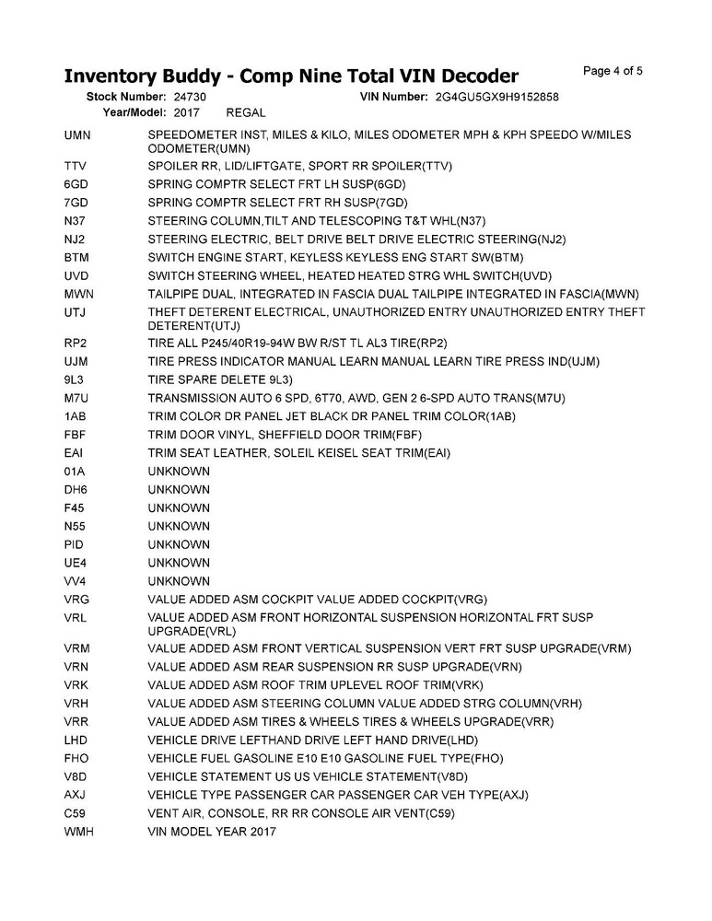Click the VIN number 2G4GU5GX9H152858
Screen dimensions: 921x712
498,97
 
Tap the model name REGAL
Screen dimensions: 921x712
246,112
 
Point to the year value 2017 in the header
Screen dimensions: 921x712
187,112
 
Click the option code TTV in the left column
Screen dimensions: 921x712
76,166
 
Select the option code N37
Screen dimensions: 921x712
75,221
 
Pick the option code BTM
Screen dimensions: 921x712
76,258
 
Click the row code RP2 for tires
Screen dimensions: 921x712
76,343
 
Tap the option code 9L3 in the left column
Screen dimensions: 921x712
75,379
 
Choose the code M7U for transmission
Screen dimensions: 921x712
76,398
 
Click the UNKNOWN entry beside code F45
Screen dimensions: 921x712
179,508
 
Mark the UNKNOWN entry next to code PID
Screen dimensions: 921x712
179,545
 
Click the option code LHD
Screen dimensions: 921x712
76,740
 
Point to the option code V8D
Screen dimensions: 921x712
76,777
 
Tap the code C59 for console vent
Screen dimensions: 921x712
75,814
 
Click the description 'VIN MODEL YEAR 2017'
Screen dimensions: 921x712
211,833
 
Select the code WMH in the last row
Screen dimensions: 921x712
77,833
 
